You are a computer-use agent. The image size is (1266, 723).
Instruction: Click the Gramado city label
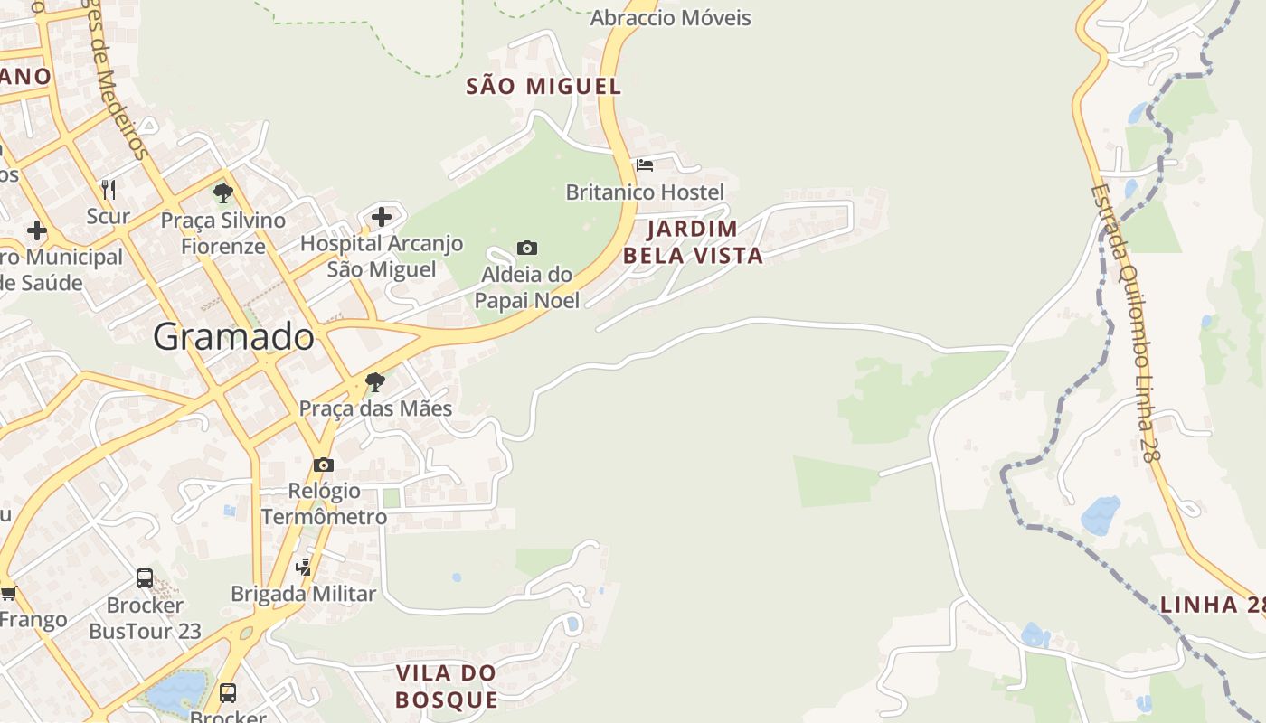233,337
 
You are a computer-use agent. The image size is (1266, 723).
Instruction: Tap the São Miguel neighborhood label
543,87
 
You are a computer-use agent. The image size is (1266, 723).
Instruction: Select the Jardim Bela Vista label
693,241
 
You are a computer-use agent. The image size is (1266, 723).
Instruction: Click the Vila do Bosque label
447,686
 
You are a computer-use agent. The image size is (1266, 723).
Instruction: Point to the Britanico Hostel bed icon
645,165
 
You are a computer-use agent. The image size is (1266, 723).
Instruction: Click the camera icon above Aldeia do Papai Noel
526,248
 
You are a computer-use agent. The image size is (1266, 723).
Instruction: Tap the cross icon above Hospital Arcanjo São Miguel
382,217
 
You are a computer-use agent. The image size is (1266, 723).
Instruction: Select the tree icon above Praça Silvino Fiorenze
222,192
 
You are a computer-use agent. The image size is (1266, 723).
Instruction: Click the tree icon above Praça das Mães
374,382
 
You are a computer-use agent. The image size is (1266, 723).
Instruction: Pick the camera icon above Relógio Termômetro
323,465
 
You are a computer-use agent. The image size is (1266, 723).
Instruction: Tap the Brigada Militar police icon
304,568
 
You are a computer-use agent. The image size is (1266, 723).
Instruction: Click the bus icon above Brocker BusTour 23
145,578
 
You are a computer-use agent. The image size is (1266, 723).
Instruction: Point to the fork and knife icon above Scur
109,189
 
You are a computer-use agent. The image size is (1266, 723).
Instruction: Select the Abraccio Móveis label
670,17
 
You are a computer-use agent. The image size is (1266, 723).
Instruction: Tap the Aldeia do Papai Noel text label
527,287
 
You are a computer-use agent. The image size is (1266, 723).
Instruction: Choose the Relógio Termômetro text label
324,504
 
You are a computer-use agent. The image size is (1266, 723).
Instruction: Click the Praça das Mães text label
375,408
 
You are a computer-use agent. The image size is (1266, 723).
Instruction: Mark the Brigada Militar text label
303,594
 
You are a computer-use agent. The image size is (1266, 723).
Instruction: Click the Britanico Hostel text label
645,192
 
